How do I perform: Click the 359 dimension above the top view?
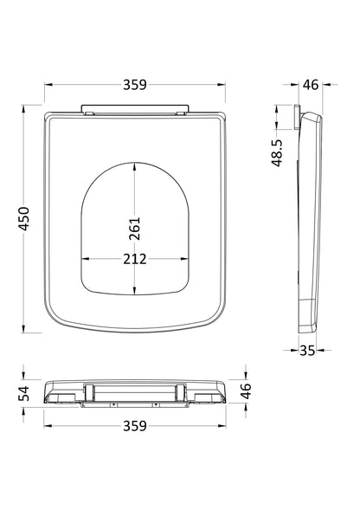pos(133,84)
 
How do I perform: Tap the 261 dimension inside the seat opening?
pos(134,227)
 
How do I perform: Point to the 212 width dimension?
pos(133,258)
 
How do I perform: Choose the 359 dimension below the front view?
pos(133,425)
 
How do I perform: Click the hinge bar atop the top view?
pos(133,110)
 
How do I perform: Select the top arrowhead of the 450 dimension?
pos(23,108)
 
